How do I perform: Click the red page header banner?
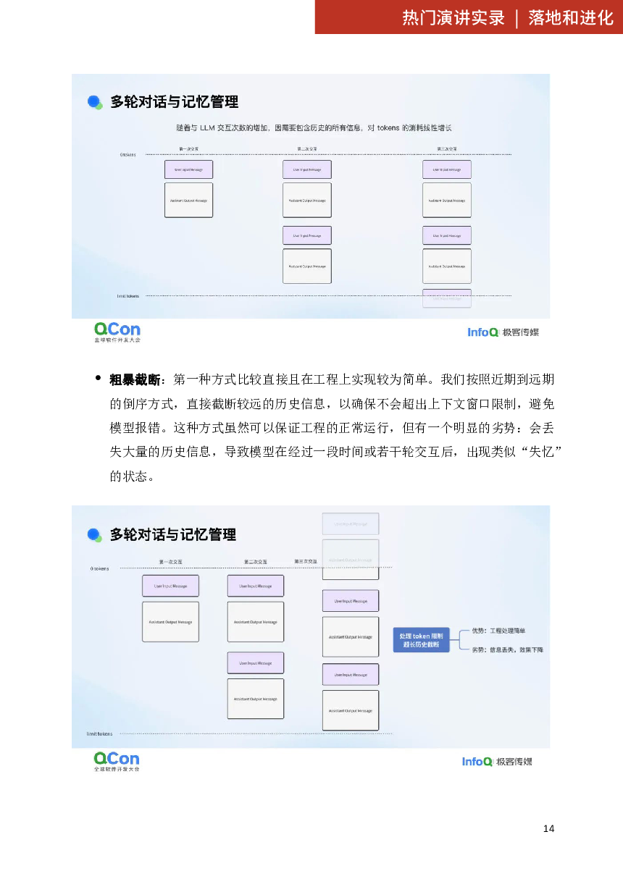[x=468, y=17]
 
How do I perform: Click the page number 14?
[x=548, y=828]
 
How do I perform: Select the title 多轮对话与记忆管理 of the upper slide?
[x=174, y=102]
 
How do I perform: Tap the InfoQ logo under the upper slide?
[x=503, y=332]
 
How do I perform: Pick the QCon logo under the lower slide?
[x=116, y=760]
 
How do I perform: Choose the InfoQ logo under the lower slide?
[x=497, y=761]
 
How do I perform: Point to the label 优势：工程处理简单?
[x=499, y=631]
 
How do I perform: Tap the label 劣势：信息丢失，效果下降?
[x=507, y=649]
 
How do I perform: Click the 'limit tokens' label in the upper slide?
[x=127, y=296]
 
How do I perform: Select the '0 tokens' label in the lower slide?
[x=100, y=568]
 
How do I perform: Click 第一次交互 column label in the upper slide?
[x=188, y=149]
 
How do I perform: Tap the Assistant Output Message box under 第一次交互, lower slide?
[x=170, y=621]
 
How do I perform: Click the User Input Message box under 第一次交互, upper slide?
[x=188, y=169]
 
